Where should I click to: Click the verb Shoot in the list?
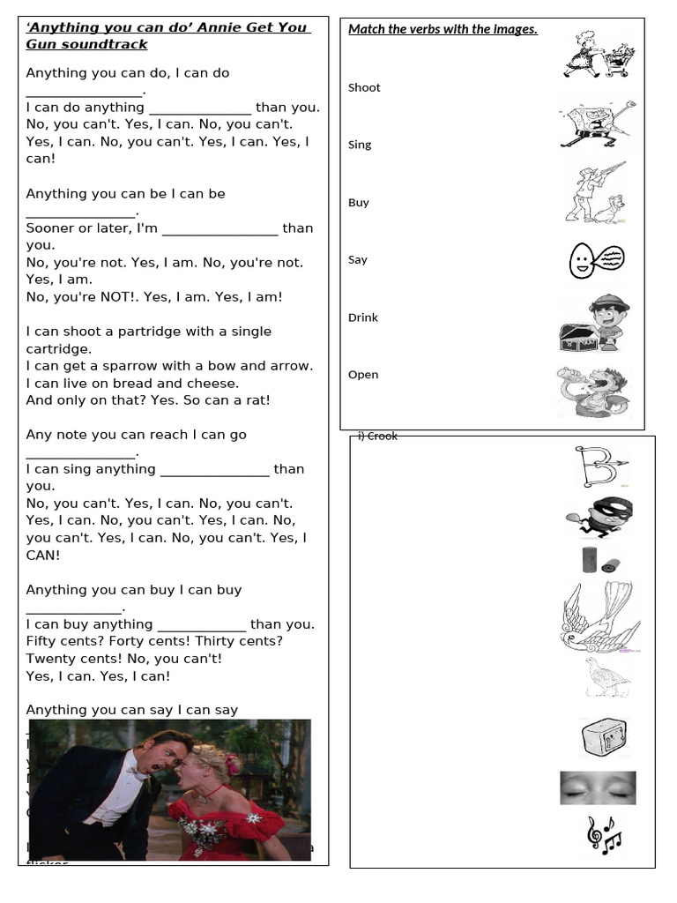coord(364,87)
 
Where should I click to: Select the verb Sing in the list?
coord(360,145)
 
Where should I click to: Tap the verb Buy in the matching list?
coord(358,202)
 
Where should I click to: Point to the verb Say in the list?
coord(357,259)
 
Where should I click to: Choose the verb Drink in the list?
coord(362,317)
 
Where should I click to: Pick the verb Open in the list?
coord(362,375)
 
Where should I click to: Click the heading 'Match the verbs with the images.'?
coord(443,29)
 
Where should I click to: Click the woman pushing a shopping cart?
coord(584,54)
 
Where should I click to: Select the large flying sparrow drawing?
coord(594,616)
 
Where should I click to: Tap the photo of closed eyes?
coord(597,787)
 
